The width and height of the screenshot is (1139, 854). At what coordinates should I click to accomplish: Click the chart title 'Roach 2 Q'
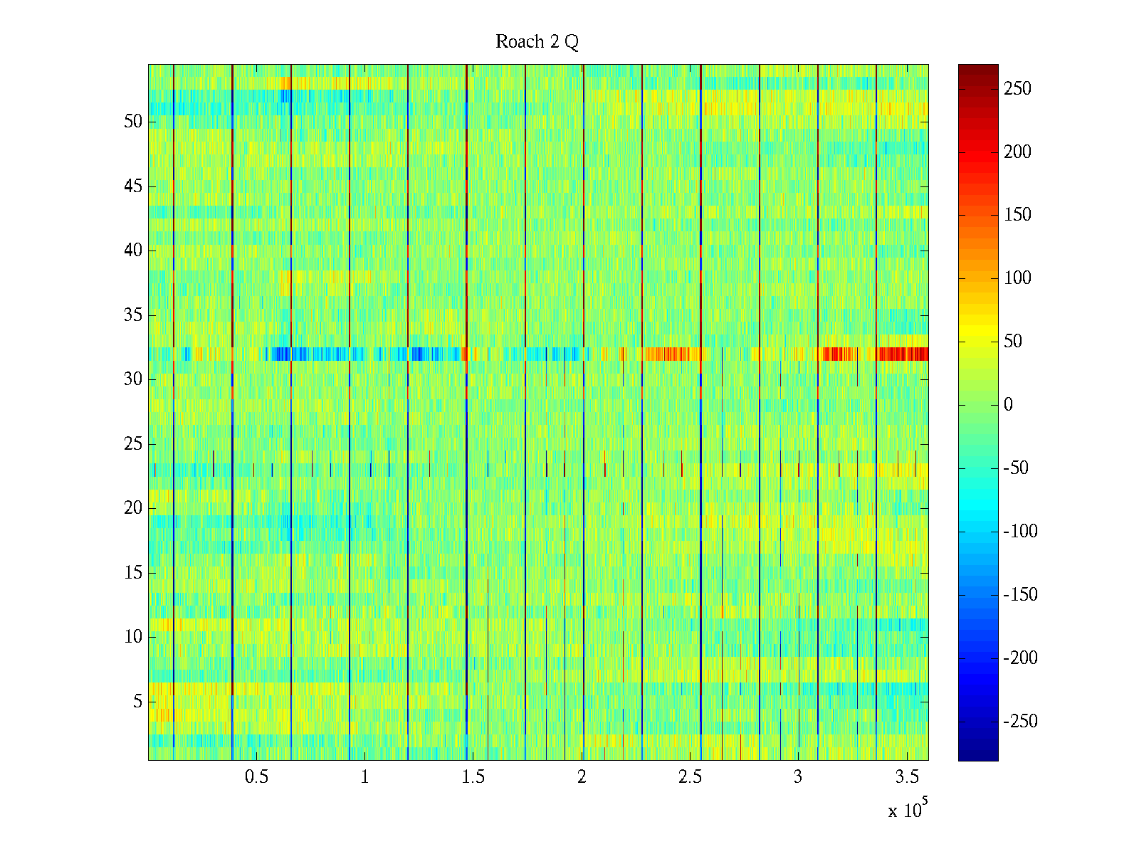point(537,42)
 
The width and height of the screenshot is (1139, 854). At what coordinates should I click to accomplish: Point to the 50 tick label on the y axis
point(133,122)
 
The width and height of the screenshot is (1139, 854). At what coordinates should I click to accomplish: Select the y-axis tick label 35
point(133,315)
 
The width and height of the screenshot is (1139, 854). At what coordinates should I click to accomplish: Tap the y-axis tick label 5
point(137,702)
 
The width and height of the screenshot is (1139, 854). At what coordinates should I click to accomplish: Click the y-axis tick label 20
point(133,508)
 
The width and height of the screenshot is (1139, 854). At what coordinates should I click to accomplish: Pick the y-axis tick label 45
point(133,186)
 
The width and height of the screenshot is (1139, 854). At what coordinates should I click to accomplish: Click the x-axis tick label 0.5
point(256,777)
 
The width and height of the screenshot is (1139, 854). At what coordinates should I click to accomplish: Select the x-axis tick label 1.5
point(473,777)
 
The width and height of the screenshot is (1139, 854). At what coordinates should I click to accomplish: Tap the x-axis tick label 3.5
point(906,777)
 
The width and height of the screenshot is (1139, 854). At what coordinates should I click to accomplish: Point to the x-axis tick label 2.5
point(690,777)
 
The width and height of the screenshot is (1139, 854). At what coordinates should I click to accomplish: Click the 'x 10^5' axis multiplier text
point(907,810)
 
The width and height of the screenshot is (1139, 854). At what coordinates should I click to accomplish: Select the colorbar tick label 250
point(1017,89)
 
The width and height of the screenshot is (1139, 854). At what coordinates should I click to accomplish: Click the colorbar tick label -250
point(1020,722)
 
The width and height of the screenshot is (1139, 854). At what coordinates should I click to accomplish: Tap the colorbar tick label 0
point(1008,405)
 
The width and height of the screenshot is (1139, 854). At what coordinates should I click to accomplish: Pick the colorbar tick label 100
point(1017,278)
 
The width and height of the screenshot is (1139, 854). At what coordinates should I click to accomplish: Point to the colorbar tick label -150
point(1020,595)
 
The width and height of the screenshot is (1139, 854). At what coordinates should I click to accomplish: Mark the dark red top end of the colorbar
point(978,68)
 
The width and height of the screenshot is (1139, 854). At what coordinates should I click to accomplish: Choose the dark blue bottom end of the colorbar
point(978,757)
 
